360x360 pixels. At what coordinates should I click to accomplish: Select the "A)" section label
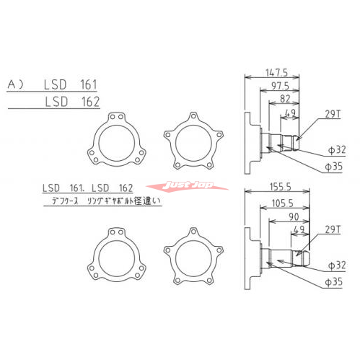pos(16,85)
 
